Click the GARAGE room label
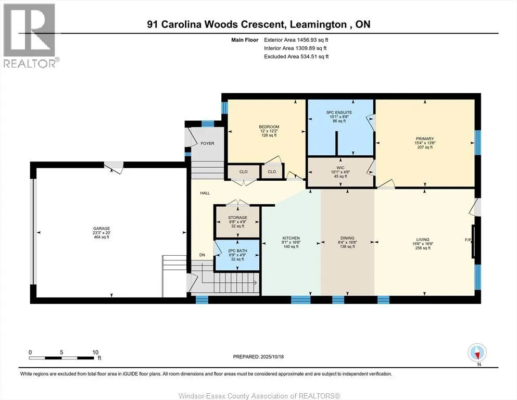[x=102, y=228]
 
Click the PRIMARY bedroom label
[x=425, y=139]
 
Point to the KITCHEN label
[x=291, y=238]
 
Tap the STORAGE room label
[x=237, y=218]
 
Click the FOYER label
[x=207, y=144]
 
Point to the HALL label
[x=205, y=193]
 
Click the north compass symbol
[x=477, y=353]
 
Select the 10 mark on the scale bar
[x=96, y=352]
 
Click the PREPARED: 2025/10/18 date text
[x=258, y=357]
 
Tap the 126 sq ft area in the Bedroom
[x=269, y=135]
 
